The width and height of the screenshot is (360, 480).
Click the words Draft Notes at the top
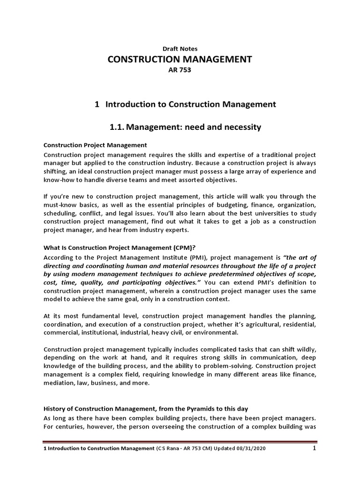pos(180,48)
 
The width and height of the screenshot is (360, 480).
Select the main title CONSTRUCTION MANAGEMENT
pos(180,59)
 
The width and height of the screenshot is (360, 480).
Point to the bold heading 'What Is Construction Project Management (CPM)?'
pos(120,248)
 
